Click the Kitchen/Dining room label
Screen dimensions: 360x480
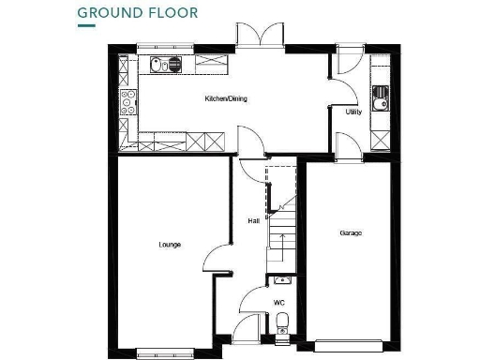pyautogui.click(x=226, y=97)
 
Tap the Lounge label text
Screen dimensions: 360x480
pyautogui.click(x=170, y=245)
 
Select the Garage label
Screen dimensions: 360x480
pyautogui.click(x=351, y=233)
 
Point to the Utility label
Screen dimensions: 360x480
pyautogui.click(x=353, y=112)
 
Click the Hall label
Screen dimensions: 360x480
pyautogui.click(x=253, y=221)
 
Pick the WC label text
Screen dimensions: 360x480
pyautogui.click(x=278, y=302)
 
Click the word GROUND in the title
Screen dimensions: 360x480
pyautogui.click(x=107, y=12)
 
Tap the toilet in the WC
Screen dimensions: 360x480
pyautogui.click(x=283, y=323)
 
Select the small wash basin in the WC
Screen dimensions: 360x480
pyautogui.click(x=284, y=278)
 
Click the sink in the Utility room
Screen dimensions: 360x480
pyautogui.click(x=381, y=96)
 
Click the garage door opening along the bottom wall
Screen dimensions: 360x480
pyautogui.click(x=350, y=341)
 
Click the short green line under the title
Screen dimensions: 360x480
pyautogui.click(x=86, y=26)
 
